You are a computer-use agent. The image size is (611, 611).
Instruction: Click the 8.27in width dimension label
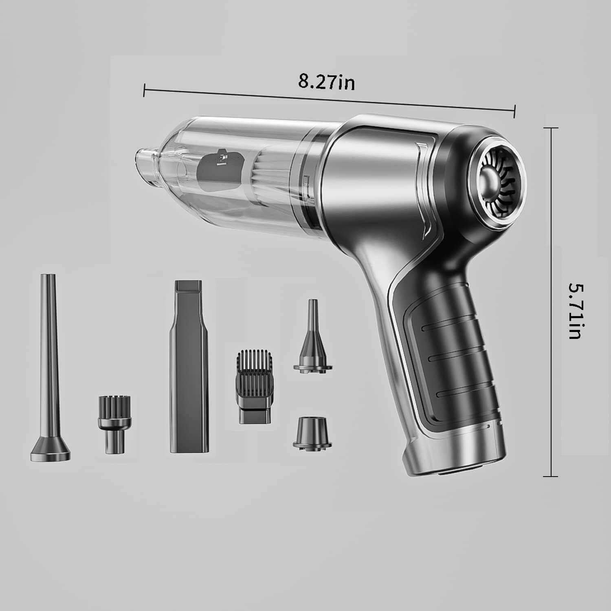coord(326,81)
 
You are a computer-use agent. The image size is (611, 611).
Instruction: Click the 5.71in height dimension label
coord(578,312)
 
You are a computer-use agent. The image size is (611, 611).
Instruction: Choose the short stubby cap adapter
coord(312,432)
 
